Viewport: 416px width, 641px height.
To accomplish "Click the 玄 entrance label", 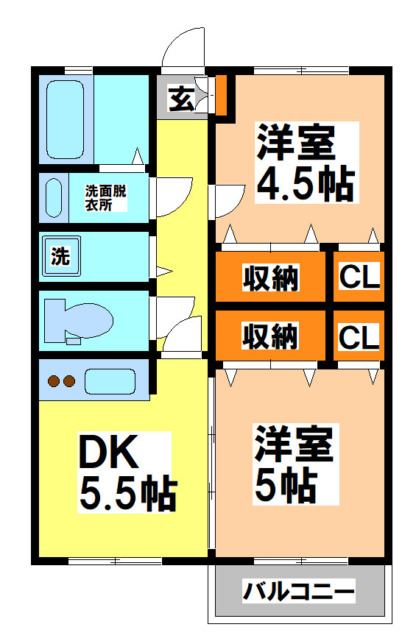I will coord(181,99).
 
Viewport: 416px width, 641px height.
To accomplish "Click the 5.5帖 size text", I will coord(127,495).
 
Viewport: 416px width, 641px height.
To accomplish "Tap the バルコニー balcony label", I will coord(299,591).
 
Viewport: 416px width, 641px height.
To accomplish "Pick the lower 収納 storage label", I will coord(270,336).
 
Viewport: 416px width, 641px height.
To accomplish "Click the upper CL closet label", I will coord(359,277).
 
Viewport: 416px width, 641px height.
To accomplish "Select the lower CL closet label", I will coord(359,336).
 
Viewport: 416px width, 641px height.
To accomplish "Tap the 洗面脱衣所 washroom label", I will coord(105,198).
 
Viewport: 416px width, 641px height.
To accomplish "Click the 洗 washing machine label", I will coord(60,257).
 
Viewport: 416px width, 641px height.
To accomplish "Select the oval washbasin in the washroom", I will coord(54,198).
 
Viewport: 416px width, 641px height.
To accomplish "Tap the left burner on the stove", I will coord(54,381).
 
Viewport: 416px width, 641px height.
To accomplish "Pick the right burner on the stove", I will coord(69,381).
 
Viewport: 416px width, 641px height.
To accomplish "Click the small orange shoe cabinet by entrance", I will coord(221,94).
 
